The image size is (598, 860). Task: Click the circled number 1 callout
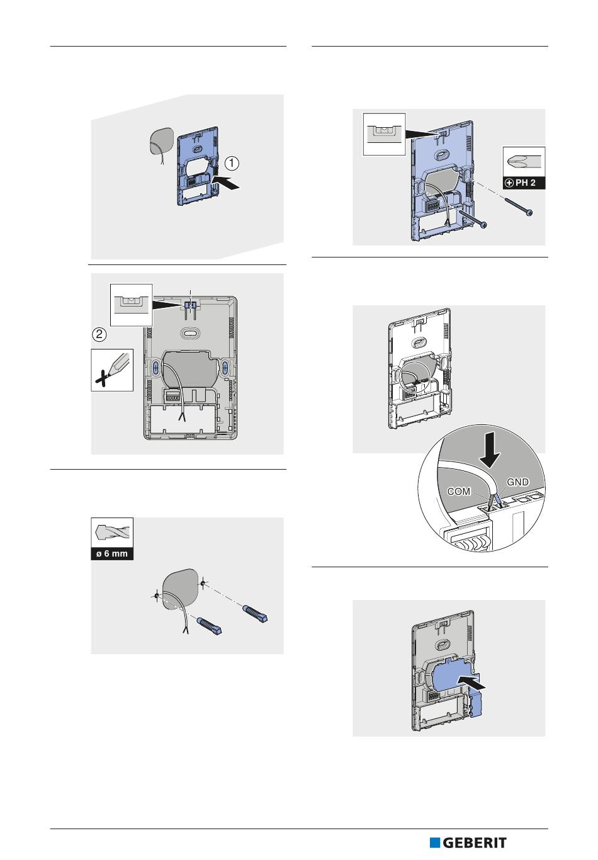tap(232, 164)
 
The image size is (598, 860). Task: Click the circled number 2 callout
tap(99, 334)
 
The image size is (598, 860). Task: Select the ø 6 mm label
tap(112, 555)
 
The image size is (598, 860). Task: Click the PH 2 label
tap(524, 183)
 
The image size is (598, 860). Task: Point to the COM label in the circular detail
tap(459, 492)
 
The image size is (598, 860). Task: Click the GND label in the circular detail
tap(518, 482)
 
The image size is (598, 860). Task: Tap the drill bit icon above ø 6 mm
tap(112, 533)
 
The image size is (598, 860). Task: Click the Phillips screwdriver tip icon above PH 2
tap(524, 162)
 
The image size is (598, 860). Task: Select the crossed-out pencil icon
tap(112, 370)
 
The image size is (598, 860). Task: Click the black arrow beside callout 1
tap(226, 182)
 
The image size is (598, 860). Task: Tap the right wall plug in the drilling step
tap(255, 614)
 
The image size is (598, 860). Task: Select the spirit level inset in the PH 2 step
tap(385, 134)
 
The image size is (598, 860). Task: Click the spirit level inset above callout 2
tap(132, 305)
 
